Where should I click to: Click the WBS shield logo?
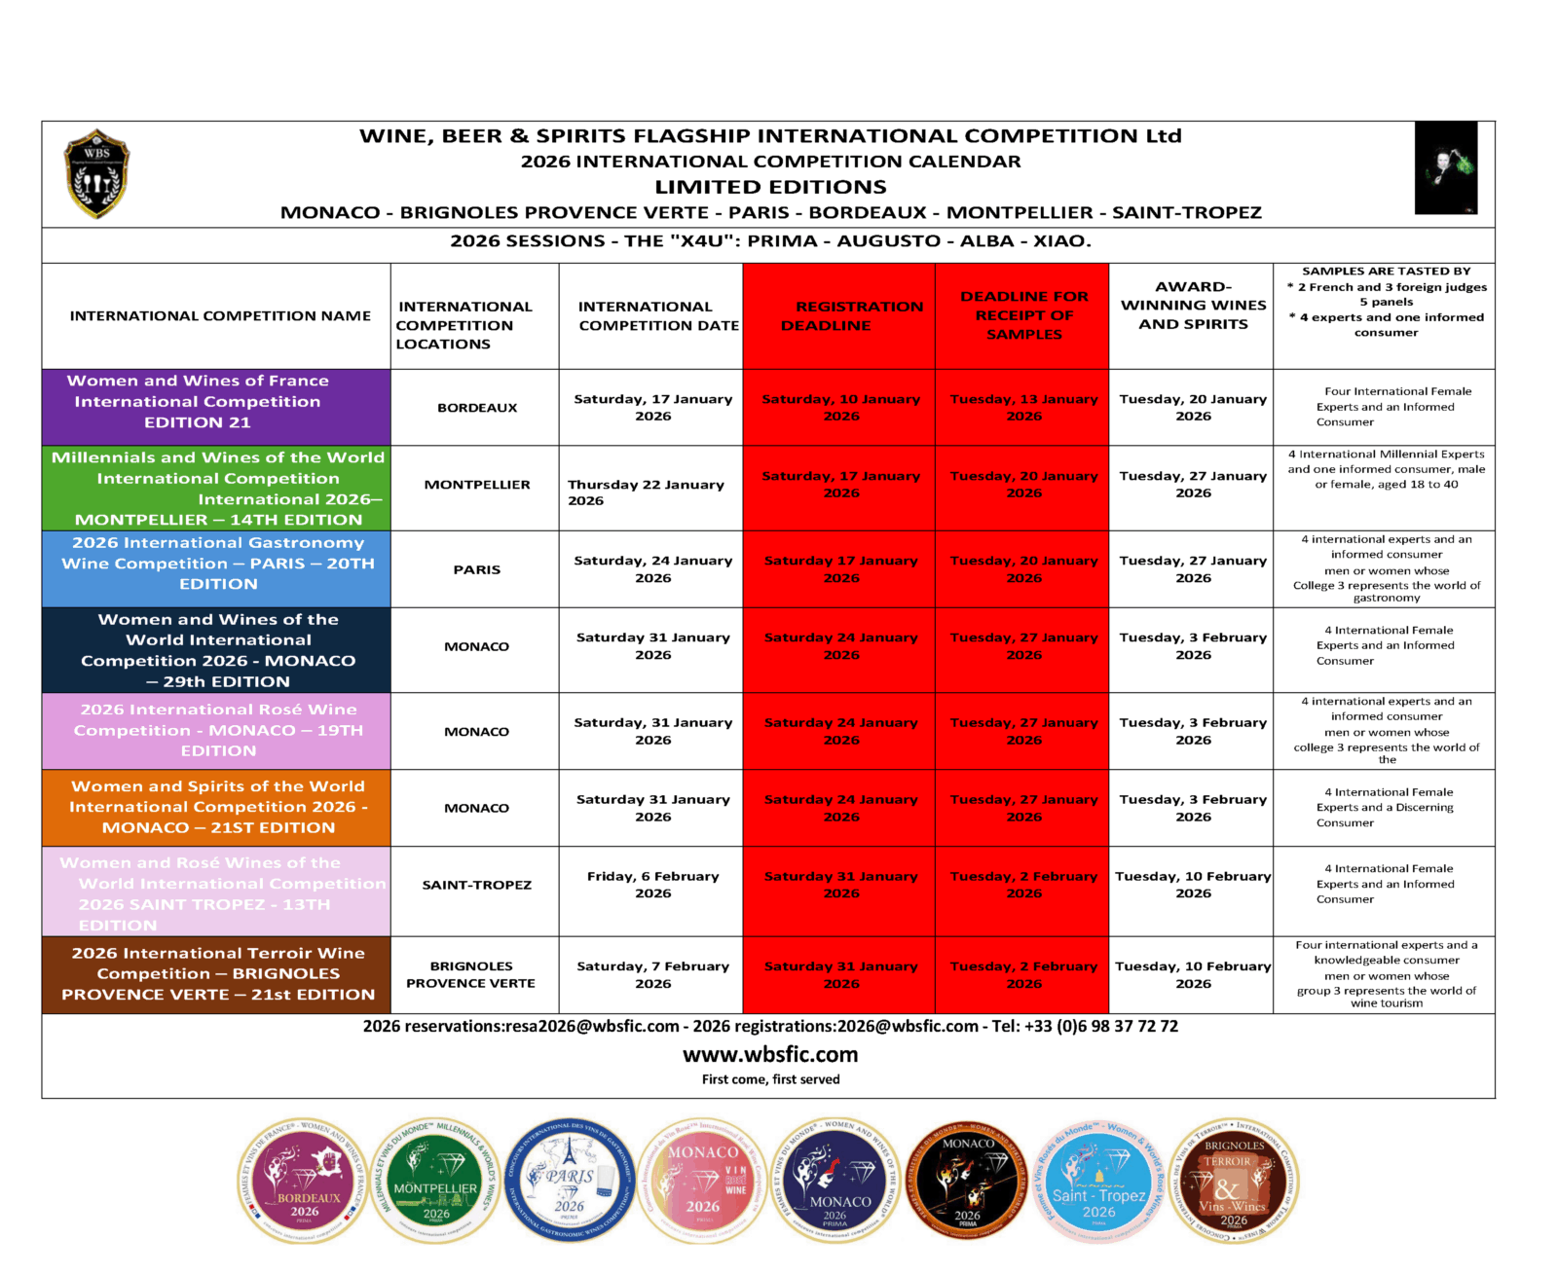(96, 174)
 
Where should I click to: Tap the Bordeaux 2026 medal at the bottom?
(304, 1181)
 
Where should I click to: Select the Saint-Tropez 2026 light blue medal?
(1098, 1181)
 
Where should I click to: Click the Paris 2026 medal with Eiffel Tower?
(570, 1180)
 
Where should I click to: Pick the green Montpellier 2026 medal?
(435, 1181)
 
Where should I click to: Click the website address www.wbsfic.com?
(770, 1054)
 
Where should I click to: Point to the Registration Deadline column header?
(839, 316)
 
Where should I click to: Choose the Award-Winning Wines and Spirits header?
(1193, 306)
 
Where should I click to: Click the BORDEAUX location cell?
(477, 408)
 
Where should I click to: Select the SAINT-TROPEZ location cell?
(477, 885)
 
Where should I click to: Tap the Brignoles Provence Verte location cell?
(471, 974)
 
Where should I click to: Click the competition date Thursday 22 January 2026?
(646, 492)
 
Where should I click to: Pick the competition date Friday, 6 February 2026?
(652, 885)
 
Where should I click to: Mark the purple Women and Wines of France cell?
(216, 402)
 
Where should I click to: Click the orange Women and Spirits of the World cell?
(216, 807)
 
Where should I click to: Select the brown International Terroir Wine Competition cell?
(216, 974)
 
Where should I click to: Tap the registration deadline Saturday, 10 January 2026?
(840, 407)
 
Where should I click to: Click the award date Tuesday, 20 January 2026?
(1193, 407)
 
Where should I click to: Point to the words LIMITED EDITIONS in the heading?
(770, 187)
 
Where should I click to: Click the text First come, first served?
(770, 1079)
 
